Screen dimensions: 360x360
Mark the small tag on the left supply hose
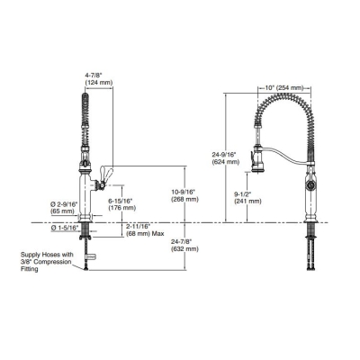click(x=89, y=256)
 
